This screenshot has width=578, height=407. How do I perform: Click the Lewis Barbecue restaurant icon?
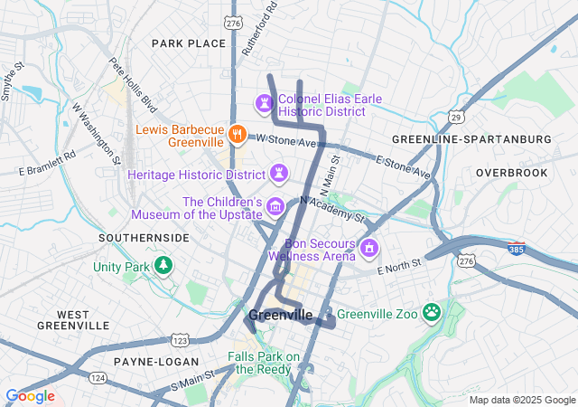coord(236,134)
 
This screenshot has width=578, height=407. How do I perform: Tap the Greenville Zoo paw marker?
coord(433,312)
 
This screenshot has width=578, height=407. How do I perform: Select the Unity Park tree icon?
coord(163,266)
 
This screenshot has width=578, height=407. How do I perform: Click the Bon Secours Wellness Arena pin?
coord(368,248)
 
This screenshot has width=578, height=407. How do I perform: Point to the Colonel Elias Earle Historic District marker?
coord(264,104)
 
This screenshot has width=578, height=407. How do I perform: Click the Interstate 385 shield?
coord(516,247)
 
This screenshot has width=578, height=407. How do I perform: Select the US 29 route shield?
coord(458,118)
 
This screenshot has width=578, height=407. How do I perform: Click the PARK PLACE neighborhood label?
coord(188,43)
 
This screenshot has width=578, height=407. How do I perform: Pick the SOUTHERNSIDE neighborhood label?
coord(144,238)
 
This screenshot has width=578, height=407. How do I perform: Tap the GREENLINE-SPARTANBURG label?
coord(471,139)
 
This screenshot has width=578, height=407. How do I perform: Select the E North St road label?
coord(400,269)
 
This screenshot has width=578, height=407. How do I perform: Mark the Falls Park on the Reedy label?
coord(264,364)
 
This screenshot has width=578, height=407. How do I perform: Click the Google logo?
coord(31,396)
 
